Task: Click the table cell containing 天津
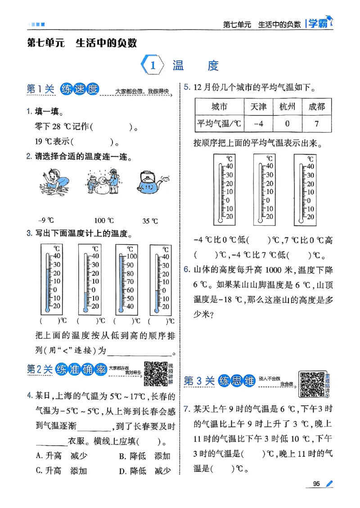(258, 107)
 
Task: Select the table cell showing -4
(258, 123)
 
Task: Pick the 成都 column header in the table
(316, 107)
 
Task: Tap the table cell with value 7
(316, 123)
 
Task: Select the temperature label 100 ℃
(103, 221)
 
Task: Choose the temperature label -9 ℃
(45, 220)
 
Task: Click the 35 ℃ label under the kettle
(150, 221)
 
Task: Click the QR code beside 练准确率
(155, 373)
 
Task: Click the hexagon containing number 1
(152, 66)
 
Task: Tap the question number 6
(186, 270)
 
